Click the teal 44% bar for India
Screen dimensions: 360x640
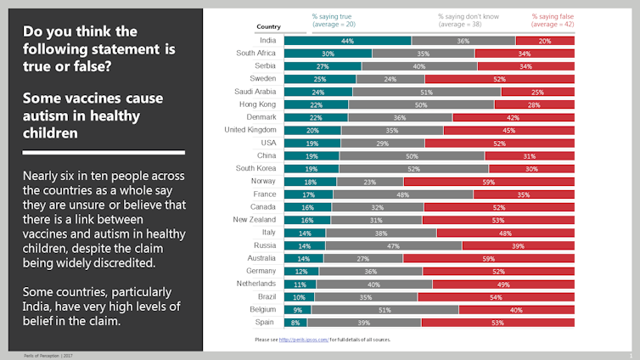click(347, 41)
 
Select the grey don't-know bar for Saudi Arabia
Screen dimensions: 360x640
click(426, 92)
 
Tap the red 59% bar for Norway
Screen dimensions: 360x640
click(489, 181)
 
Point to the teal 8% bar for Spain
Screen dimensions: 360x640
click(295, 322)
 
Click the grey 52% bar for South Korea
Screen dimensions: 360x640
click(414, 168)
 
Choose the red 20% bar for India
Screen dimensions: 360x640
click(545, 41)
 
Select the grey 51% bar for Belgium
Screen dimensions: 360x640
click(385, 309)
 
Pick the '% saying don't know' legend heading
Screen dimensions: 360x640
click(468, 16)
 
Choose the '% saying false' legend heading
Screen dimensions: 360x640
click(553, 16)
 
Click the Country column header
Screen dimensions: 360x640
click(268, 27)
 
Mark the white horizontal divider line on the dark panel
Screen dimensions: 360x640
click(103, 153)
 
